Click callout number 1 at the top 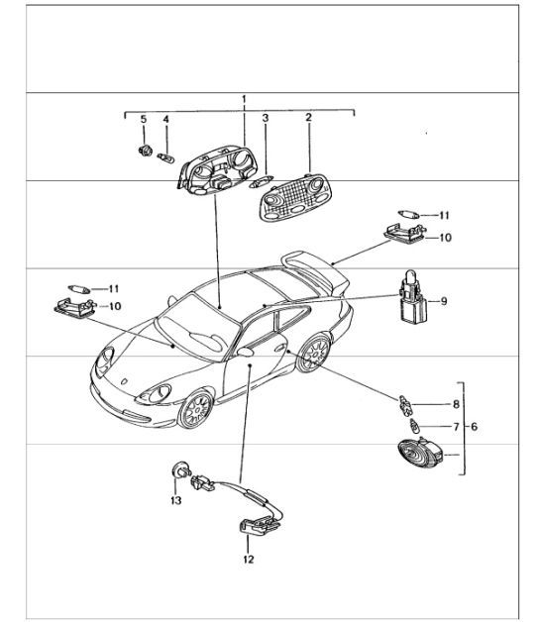[244, 100]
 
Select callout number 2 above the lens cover [308, 119]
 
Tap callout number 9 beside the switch [445, 300]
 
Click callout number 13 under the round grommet [176, 500]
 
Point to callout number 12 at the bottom [248, 560]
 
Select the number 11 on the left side [113, 287]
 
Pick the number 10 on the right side [445, 239]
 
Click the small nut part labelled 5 [145, 152]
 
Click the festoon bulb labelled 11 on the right [406, 213]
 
